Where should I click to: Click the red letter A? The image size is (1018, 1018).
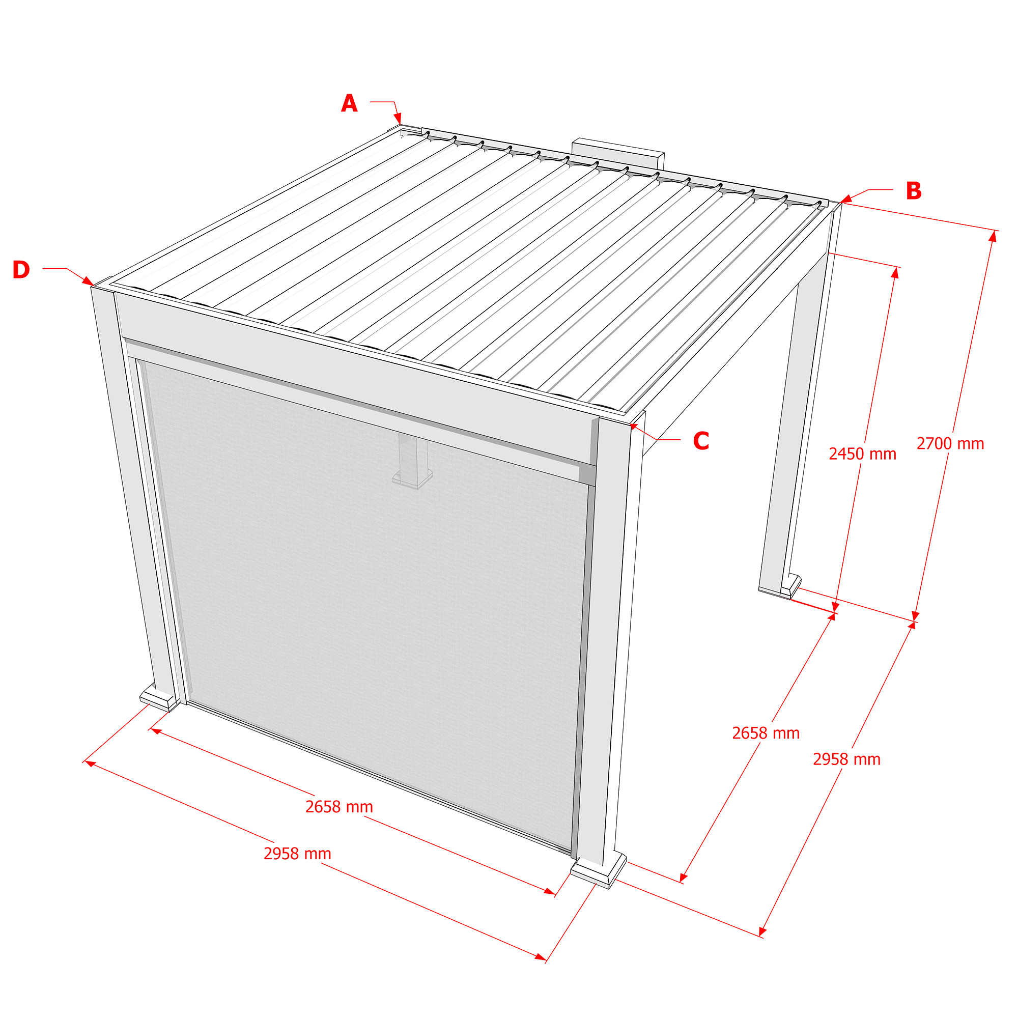[349, 103]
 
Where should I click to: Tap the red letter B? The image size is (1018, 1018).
[914, 191]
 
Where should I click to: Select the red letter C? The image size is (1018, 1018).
[701, 441]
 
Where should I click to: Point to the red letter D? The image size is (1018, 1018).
[21, 270]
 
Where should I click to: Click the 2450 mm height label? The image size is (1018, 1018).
[863, 454]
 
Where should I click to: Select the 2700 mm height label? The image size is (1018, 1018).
[950, 444]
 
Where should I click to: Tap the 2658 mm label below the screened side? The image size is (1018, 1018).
[340, 807]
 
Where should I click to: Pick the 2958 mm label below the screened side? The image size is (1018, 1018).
[297, 854]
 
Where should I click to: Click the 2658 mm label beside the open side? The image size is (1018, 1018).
[766, 733]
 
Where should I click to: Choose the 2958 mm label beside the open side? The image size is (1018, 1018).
[846, 759]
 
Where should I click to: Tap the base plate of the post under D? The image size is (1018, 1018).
[158, 698]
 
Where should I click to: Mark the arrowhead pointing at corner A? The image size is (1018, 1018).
[399, 118]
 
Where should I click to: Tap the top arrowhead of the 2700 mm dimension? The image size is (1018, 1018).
[993, 237]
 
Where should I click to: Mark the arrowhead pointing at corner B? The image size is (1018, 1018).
[845, 199]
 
